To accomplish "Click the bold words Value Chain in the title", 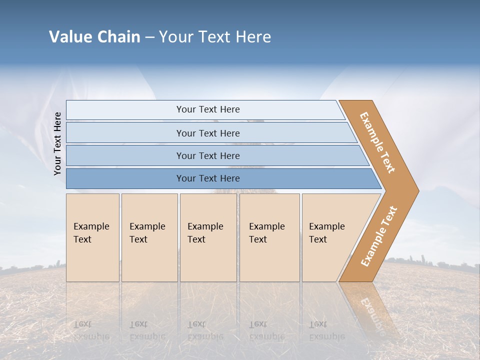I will [x=94, y=37].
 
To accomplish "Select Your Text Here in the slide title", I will [x=215, y=37].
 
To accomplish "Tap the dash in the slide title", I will [x=149, y=37].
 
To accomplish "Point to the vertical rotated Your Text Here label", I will [x=58, y=144].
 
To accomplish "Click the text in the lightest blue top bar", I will [x=208, y=109].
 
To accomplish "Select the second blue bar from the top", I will [x=208, y=133].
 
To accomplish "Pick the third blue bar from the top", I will [x=208, y=155].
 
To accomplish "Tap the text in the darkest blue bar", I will [x=208, y=178].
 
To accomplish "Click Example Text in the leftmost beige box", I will [x=91, y=233].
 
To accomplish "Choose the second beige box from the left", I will [x=149, y=237].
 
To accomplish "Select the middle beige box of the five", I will [x=208, y=237].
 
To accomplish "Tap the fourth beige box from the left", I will [x=269, y=237].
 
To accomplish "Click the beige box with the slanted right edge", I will [x=330, y=237].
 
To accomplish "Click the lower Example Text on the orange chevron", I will [x=379, y=236].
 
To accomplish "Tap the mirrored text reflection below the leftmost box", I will [x=91, y=330].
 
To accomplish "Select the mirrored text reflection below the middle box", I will [x=205, y=330].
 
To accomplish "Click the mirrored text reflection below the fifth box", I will [x=326, y=330].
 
